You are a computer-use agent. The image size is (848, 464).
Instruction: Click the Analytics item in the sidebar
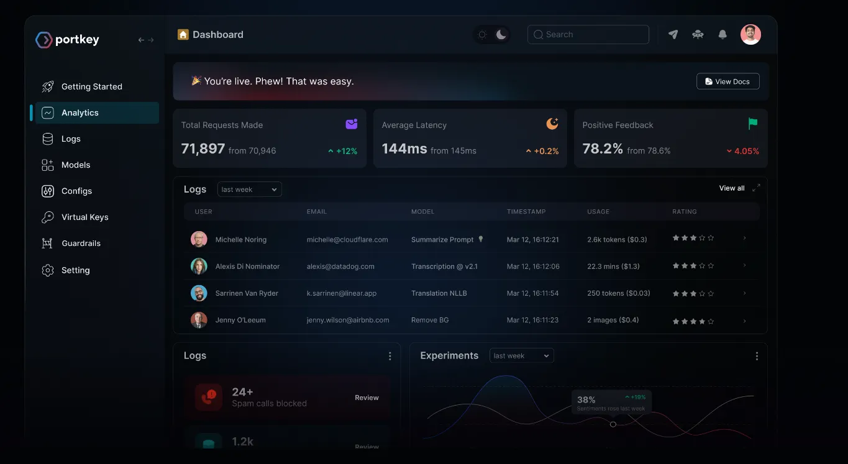(80, 113)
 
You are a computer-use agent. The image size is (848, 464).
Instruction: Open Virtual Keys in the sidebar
(84, 217)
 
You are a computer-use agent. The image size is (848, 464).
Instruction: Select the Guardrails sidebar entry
(81, 243)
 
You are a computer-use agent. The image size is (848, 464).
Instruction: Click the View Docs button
(727, 81)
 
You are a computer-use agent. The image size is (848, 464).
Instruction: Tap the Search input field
(588, 35)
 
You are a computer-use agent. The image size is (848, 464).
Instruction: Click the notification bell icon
(722, 35)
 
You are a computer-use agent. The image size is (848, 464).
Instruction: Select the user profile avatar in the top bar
(750, 35)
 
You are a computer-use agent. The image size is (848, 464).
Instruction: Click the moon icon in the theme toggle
(501, 35)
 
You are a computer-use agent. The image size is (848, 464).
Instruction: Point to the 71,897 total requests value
(203, 149)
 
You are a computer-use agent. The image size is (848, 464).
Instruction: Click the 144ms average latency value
(404, 149)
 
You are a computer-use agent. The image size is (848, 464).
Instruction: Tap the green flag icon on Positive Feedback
(752, 124)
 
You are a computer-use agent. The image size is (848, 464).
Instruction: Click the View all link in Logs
(731, 188)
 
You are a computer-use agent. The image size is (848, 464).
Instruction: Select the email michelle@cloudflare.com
(347, 240)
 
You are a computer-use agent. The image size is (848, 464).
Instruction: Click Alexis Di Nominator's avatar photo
(199, 266)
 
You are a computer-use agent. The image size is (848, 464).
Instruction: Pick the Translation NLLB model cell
(439, 293)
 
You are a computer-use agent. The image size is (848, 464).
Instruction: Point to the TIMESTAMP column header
(526, 212)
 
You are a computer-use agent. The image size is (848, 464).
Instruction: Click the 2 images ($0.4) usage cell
(613, 321)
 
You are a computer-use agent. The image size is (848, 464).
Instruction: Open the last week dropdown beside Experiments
(521, 356)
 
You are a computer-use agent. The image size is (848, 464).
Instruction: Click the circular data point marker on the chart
(613, 424)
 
